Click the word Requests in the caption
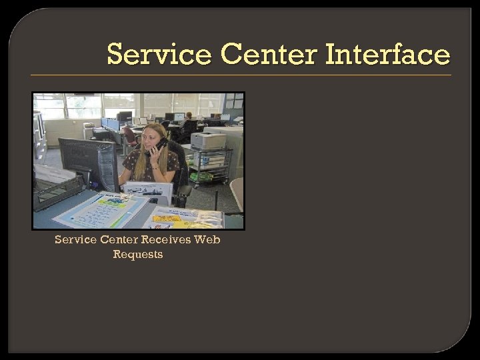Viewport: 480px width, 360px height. pyautogui.click(x=138, y=254)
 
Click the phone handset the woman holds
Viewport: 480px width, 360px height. pyautogui.click(x=159, y=146)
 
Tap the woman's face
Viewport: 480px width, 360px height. pyautogui.click(x=150, y=137)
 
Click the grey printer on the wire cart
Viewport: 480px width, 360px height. pyautogui.click(x=208, y=141)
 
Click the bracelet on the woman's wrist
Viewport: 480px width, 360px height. pyautogui.click(x=155, y=167)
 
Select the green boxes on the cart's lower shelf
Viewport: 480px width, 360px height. pyautogui.click(x=202, y=177)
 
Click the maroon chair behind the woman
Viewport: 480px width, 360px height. pyautogui.click(x=129, y=137)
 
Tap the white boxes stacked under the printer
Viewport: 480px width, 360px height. pyautogui.click(x=208, y=159)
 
